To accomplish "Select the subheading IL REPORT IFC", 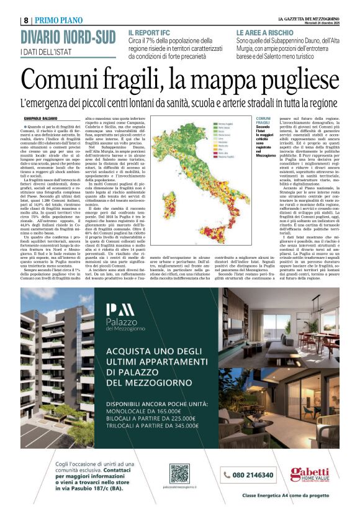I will tap(150, 32).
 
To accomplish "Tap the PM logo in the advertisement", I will tap(119, 308).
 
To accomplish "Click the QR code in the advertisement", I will tap(179, 474).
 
